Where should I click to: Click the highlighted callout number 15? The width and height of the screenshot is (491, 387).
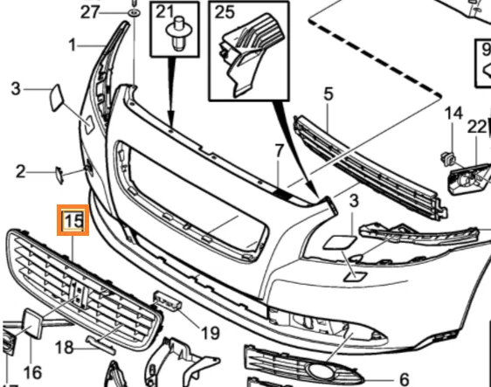[x=73, y=220]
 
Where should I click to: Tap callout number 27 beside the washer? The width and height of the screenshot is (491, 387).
[x=90, y=12]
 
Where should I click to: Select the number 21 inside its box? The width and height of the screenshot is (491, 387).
[x=165, y=12]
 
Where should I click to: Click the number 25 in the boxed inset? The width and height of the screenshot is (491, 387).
[x=225, y=12]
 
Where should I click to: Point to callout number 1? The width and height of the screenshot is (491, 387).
[x=73, y=45]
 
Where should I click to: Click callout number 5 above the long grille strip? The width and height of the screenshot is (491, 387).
[x=328, y=94]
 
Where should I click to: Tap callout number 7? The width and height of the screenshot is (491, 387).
[x=279, y=150]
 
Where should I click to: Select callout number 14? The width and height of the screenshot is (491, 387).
[x=453, y=113]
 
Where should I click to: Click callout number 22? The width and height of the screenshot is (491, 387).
[x=477, y=128]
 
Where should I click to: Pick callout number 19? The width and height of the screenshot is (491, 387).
[x=211, y=333]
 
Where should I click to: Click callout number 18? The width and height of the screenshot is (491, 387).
[x=64, y=348]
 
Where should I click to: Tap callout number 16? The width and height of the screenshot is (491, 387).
[x=32, y=373]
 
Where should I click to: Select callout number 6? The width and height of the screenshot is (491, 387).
[x=405, y=379]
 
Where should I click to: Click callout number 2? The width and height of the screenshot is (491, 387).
[x=21, y=172]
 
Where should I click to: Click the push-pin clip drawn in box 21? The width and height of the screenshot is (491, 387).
[x=177, y=34]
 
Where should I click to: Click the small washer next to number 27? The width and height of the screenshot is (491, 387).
[x=134, y=13]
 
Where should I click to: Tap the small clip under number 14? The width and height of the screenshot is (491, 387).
[x=448, y=159]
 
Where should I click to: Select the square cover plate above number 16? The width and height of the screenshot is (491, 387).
[x=33, y=324]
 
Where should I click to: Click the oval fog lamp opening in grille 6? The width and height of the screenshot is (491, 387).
[x=321, y=371]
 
